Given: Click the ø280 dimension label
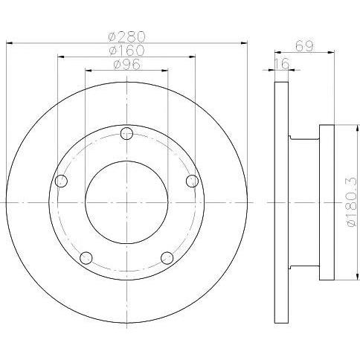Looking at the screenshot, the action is (x=126, y=36).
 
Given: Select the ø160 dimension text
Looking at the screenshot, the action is (x=126, y=51).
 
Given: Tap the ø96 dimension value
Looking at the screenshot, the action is (x=126, y=64).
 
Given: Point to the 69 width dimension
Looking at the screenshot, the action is (x=304, y=45).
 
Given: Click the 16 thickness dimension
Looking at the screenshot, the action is (x=282, y=64).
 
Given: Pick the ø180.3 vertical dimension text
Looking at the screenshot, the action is (x=352, y=202).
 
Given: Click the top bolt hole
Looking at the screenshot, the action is (x=126, y=133).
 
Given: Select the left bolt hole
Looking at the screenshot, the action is (x=61, y=181).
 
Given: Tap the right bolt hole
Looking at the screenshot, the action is (x=192, y=181).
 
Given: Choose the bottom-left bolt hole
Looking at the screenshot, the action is (x=86, y=258).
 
